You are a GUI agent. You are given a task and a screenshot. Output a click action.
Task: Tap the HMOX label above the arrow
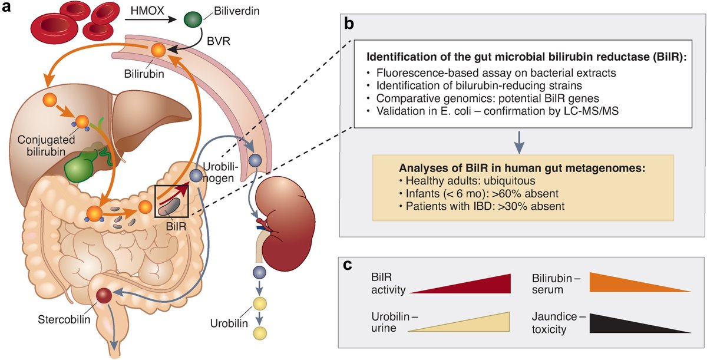pyautogui.click(x=144, y=10)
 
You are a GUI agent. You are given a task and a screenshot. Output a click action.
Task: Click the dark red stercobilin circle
pyautogui.click(x=105, y=295)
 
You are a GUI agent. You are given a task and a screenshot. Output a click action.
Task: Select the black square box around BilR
pyautogui.click(x=171, y=202)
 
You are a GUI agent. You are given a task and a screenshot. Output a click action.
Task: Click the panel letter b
pyautogui.click(x=349, y=24)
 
